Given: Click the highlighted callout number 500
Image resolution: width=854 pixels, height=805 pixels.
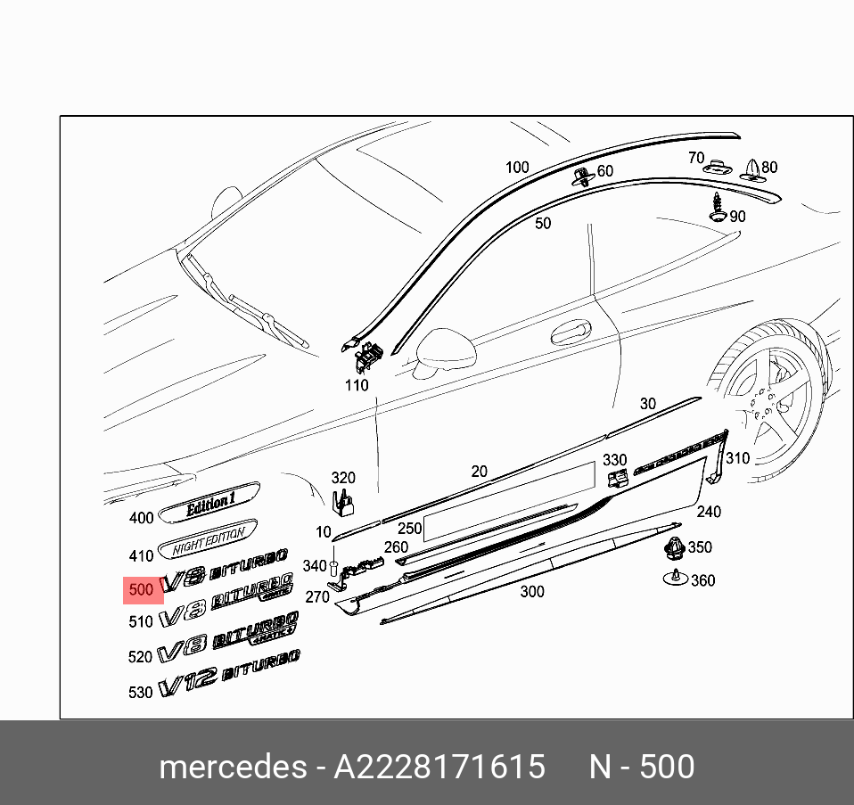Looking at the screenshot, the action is [142, 590].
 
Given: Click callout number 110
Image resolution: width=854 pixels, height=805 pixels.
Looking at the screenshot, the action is [356, 385].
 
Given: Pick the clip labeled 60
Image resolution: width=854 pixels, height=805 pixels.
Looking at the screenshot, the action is [582, 174].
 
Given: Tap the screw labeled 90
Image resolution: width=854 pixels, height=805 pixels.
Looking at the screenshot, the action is [717, 208].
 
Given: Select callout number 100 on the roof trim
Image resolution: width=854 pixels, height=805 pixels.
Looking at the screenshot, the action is [517, 167].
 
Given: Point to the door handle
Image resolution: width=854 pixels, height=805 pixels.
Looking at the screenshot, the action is [570, 333].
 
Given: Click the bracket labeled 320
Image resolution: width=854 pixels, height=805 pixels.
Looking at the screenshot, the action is [343, 503].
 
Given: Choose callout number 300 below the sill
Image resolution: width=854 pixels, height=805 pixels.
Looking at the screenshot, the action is [531, 591].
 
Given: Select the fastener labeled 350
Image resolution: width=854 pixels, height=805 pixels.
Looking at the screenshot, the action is [675, 549].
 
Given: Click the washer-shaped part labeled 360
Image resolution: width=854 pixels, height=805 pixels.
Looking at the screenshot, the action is [676, 579].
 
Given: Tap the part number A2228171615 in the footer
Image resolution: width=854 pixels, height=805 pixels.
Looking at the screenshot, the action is [439, 767].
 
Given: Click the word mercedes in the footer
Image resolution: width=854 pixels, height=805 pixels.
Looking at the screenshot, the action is [231, 767].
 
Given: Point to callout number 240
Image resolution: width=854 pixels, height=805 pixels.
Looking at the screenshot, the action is [709, 512].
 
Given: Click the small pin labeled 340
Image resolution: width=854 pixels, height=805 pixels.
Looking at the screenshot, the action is [333, 569].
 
